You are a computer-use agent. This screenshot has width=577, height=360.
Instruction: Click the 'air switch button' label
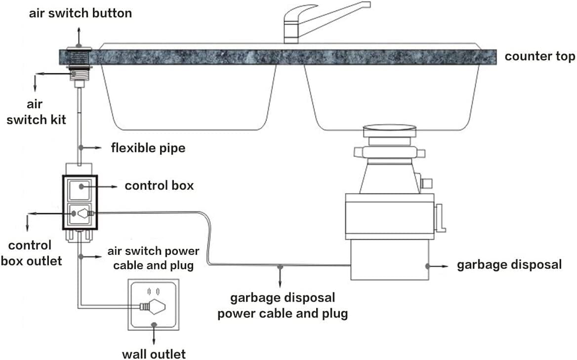coord(80,13)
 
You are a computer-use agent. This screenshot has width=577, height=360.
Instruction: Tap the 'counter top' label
coord(539,56)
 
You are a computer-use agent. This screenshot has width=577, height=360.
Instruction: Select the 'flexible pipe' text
coord(148,148)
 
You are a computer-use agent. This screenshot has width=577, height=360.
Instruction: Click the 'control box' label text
coord(159,186)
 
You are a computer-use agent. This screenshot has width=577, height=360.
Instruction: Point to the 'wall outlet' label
coord(154,354)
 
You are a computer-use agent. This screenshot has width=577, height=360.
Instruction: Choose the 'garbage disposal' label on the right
coord(509,265)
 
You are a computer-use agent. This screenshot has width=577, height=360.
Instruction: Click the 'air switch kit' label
coord(35,112)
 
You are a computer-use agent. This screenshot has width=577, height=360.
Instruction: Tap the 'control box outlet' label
coord(32,253)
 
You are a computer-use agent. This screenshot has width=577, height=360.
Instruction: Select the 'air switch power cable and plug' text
coord(153,258)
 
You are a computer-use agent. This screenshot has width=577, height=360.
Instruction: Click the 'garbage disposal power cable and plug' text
coord(283,306)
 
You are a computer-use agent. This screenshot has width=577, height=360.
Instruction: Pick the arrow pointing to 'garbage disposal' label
coord(438,265)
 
